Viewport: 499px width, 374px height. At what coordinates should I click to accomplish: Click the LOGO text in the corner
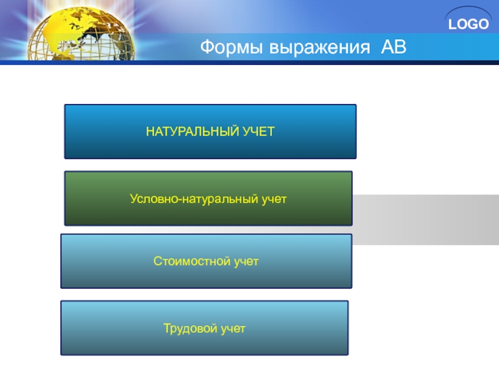468,24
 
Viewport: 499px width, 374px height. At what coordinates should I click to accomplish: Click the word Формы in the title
231,47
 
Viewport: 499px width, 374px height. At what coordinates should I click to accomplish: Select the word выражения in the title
320,48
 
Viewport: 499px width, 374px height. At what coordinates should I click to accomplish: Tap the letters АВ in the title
394,47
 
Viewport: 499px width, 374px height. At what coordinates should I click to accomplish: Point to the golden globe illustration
81,34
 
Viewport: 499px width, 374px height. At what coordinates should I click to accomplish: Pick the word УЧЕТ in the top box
258,132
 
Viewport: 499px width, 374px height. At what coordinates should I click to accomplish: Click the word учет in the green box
274,199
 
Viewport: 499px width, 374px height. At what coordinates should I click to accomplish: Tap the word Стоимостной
192,261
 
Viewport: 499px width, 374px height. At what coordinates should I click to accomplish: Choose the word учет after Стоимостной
246,262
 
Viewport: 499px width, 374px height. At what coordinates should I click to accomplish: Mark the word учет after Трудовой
233,329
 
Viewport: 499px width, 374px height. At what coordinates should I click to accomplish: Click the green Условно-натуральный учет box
208,198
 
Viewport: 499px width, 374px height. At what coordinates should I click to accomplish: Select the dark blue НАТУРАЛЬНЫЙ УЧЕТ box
210,132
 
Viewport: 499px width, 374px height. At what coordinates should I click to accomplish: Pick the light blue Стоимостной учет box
206,261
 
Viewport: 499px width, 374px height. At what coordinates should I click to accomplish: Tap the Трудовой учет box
205,328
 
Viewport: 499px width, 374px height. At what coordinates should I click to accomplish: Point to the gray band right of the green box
425,219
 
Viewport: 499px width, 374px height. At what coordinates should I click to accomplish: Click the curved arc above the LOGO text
468,9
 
